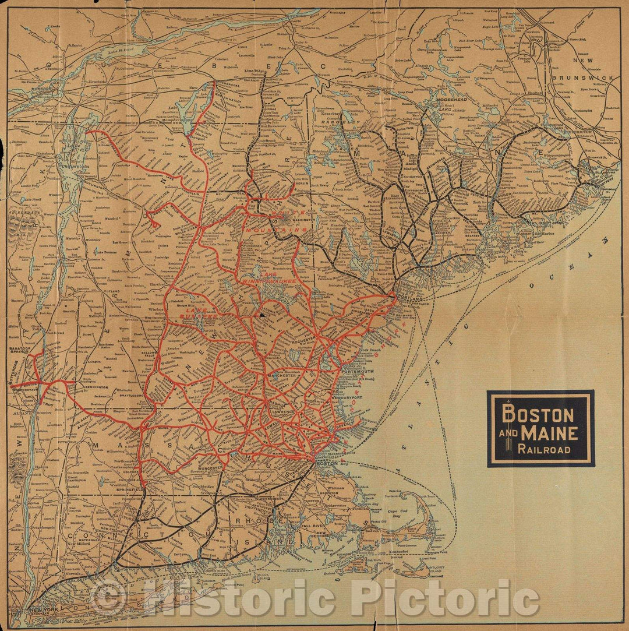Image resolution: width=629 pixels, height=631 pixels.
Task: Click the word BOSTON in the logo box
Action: [x=538, y=415]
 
